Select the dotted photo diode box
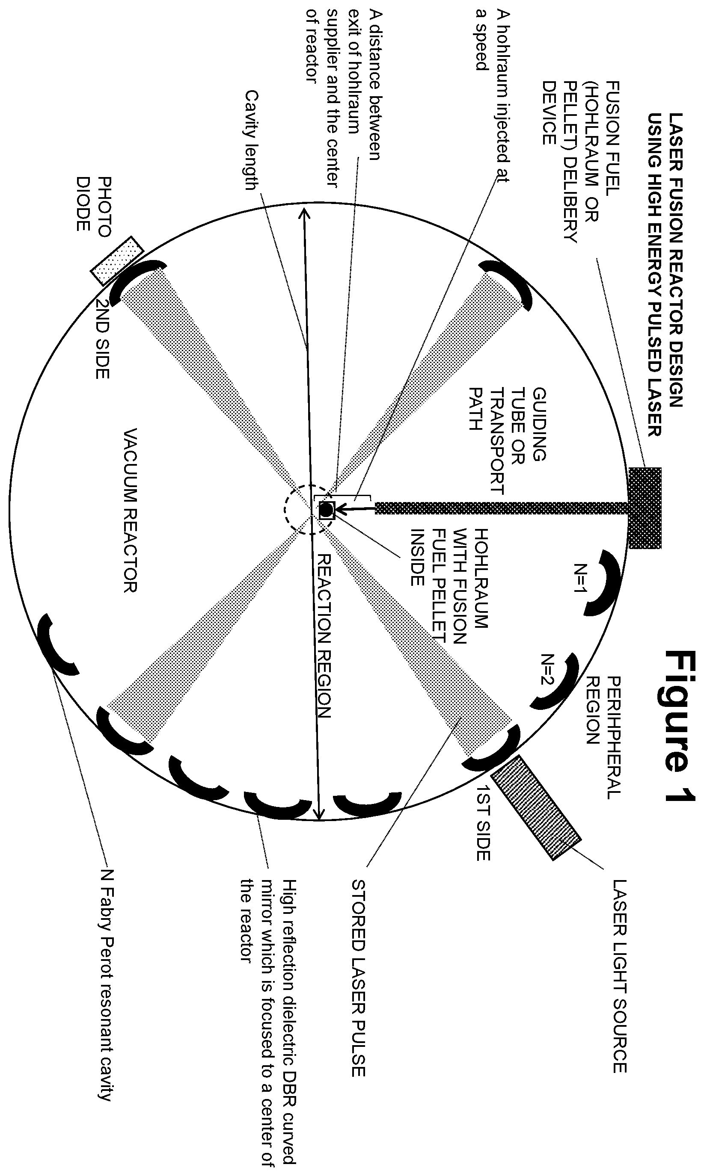pyautogui.click(x=117, y=261)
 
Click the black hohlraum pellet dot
pyautogui.click(x=327, y=510)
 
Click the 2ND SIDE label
pyautogui.click(x=102, y=338)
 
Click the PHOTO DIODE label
pyautogui.click(x=93, y=204)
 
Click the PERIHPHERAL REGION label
pyautogui.click(x=603, y=736)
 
